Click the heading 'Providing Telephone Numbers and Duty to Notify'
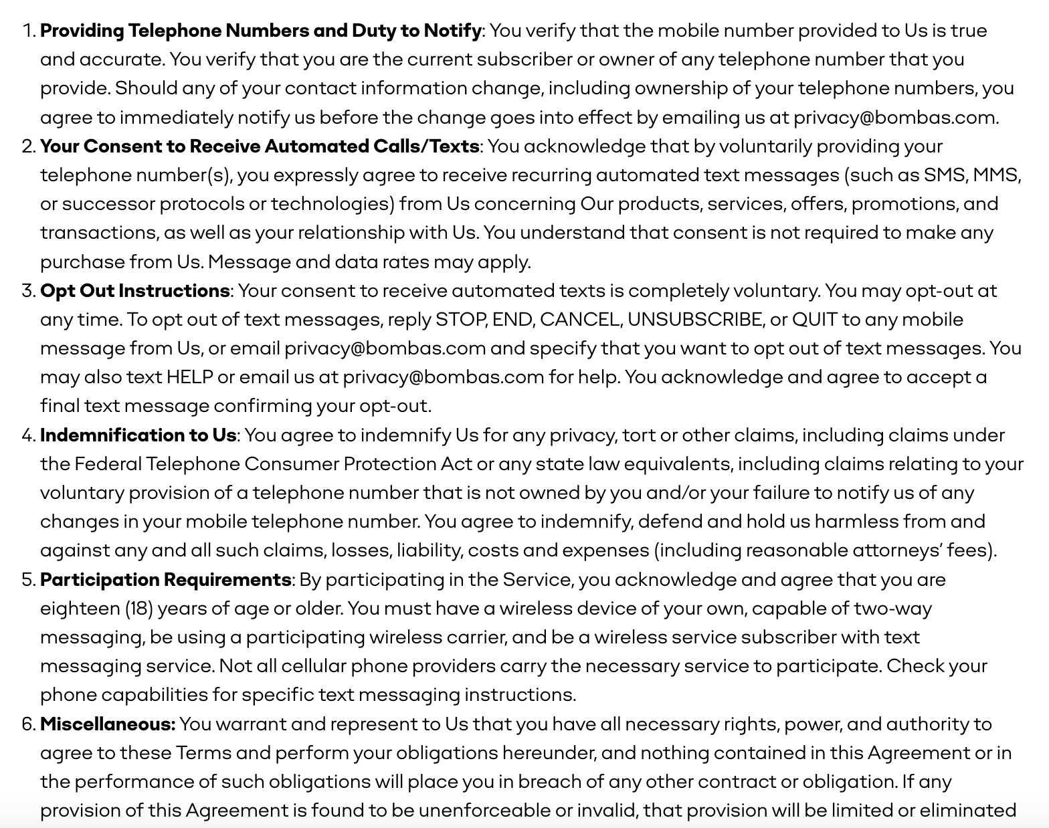(260, 31)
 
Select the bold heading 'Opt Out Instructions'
(134, 291)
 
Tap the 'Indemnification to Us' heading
(138, 435)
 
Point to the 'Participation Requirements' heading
(165, 580)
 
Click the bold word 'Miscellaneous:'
(108, 724)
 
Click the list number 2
(27, 146)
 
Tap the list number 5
(27, 580)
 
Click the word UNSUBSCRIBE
(694, 320)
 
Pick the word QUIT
(814, 320)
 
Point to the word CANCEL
(579, 320)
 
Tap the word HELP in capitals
(189, 377)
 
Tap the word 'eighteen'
(80, 609)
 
